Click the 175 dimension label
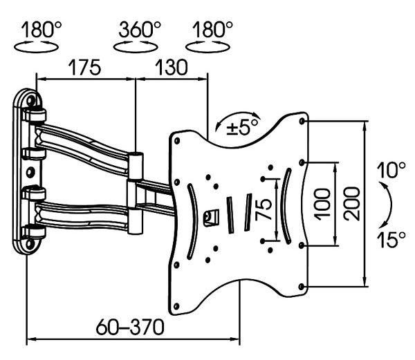click(85, 68)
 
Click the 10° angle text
click(391, 169)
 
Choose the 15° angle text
click(391, 240)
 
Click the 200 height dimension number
click(351, 203)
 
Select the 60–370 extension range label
click(131, 325)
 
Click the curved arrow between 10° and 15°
click(389, 205)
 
